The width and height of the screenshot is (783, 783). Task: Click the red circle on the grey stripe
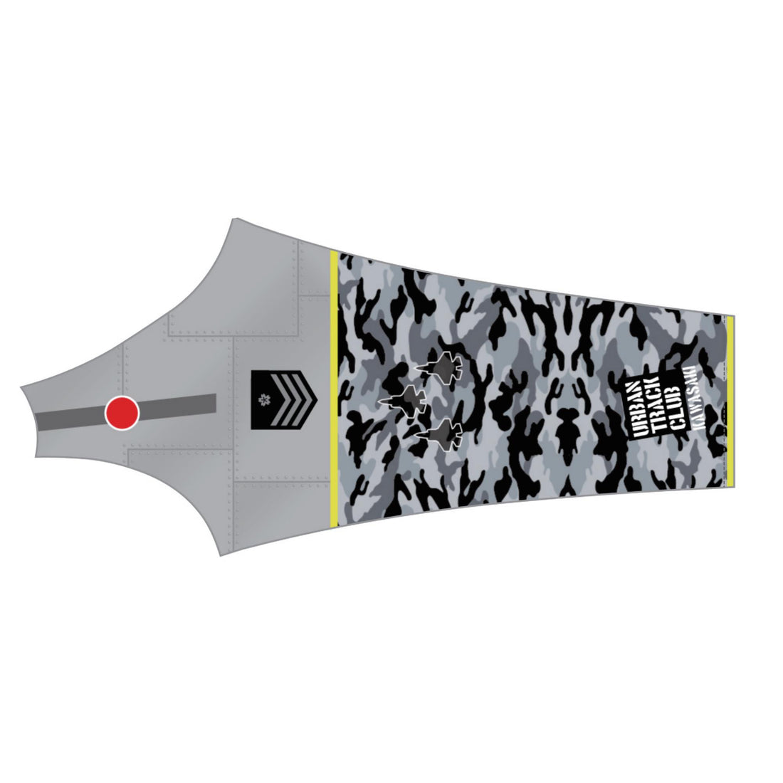point(122,412)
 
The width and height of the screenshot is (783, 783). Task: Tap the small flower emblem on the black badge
point(262,399)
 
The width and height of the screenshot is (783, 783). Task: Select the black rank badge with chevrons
point(284,399)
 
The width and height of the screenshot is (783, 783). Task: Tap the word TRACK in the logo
point(651,406)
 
